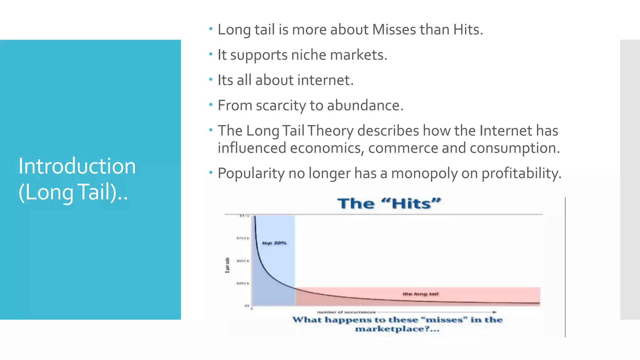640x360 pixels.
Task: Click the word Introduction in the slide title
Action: click(x=77, y=166)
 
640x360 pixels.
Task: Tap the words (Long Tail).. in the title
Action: click(x=73, y=192)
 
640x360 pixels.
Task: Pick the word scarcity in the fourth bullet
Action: click(x=281, y=106)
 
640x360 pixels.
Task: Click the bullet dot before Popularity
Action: click(x=211, y=172)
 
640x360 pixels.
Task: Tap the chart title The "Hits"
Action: click(x=389, y=204)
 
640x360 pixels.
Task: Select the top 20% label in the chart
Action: click(x=274, y=243)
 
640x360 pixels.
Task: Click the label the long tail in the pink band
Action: click(x=420, y=294)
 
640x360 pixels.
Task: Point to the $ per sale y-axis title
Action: click(x=227, y=265)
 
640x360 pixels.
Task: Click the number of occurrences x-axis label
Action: click(x=346, y=312)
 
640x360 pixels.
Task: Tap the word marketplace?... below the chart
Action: click(x=397, y=329)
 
